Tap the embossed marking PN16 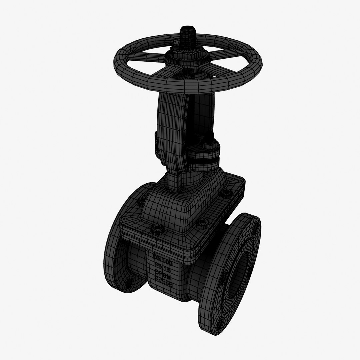point(162,265)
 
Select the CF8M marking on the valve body point(164,274)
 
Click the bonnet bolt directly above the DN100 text point(156,229)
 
